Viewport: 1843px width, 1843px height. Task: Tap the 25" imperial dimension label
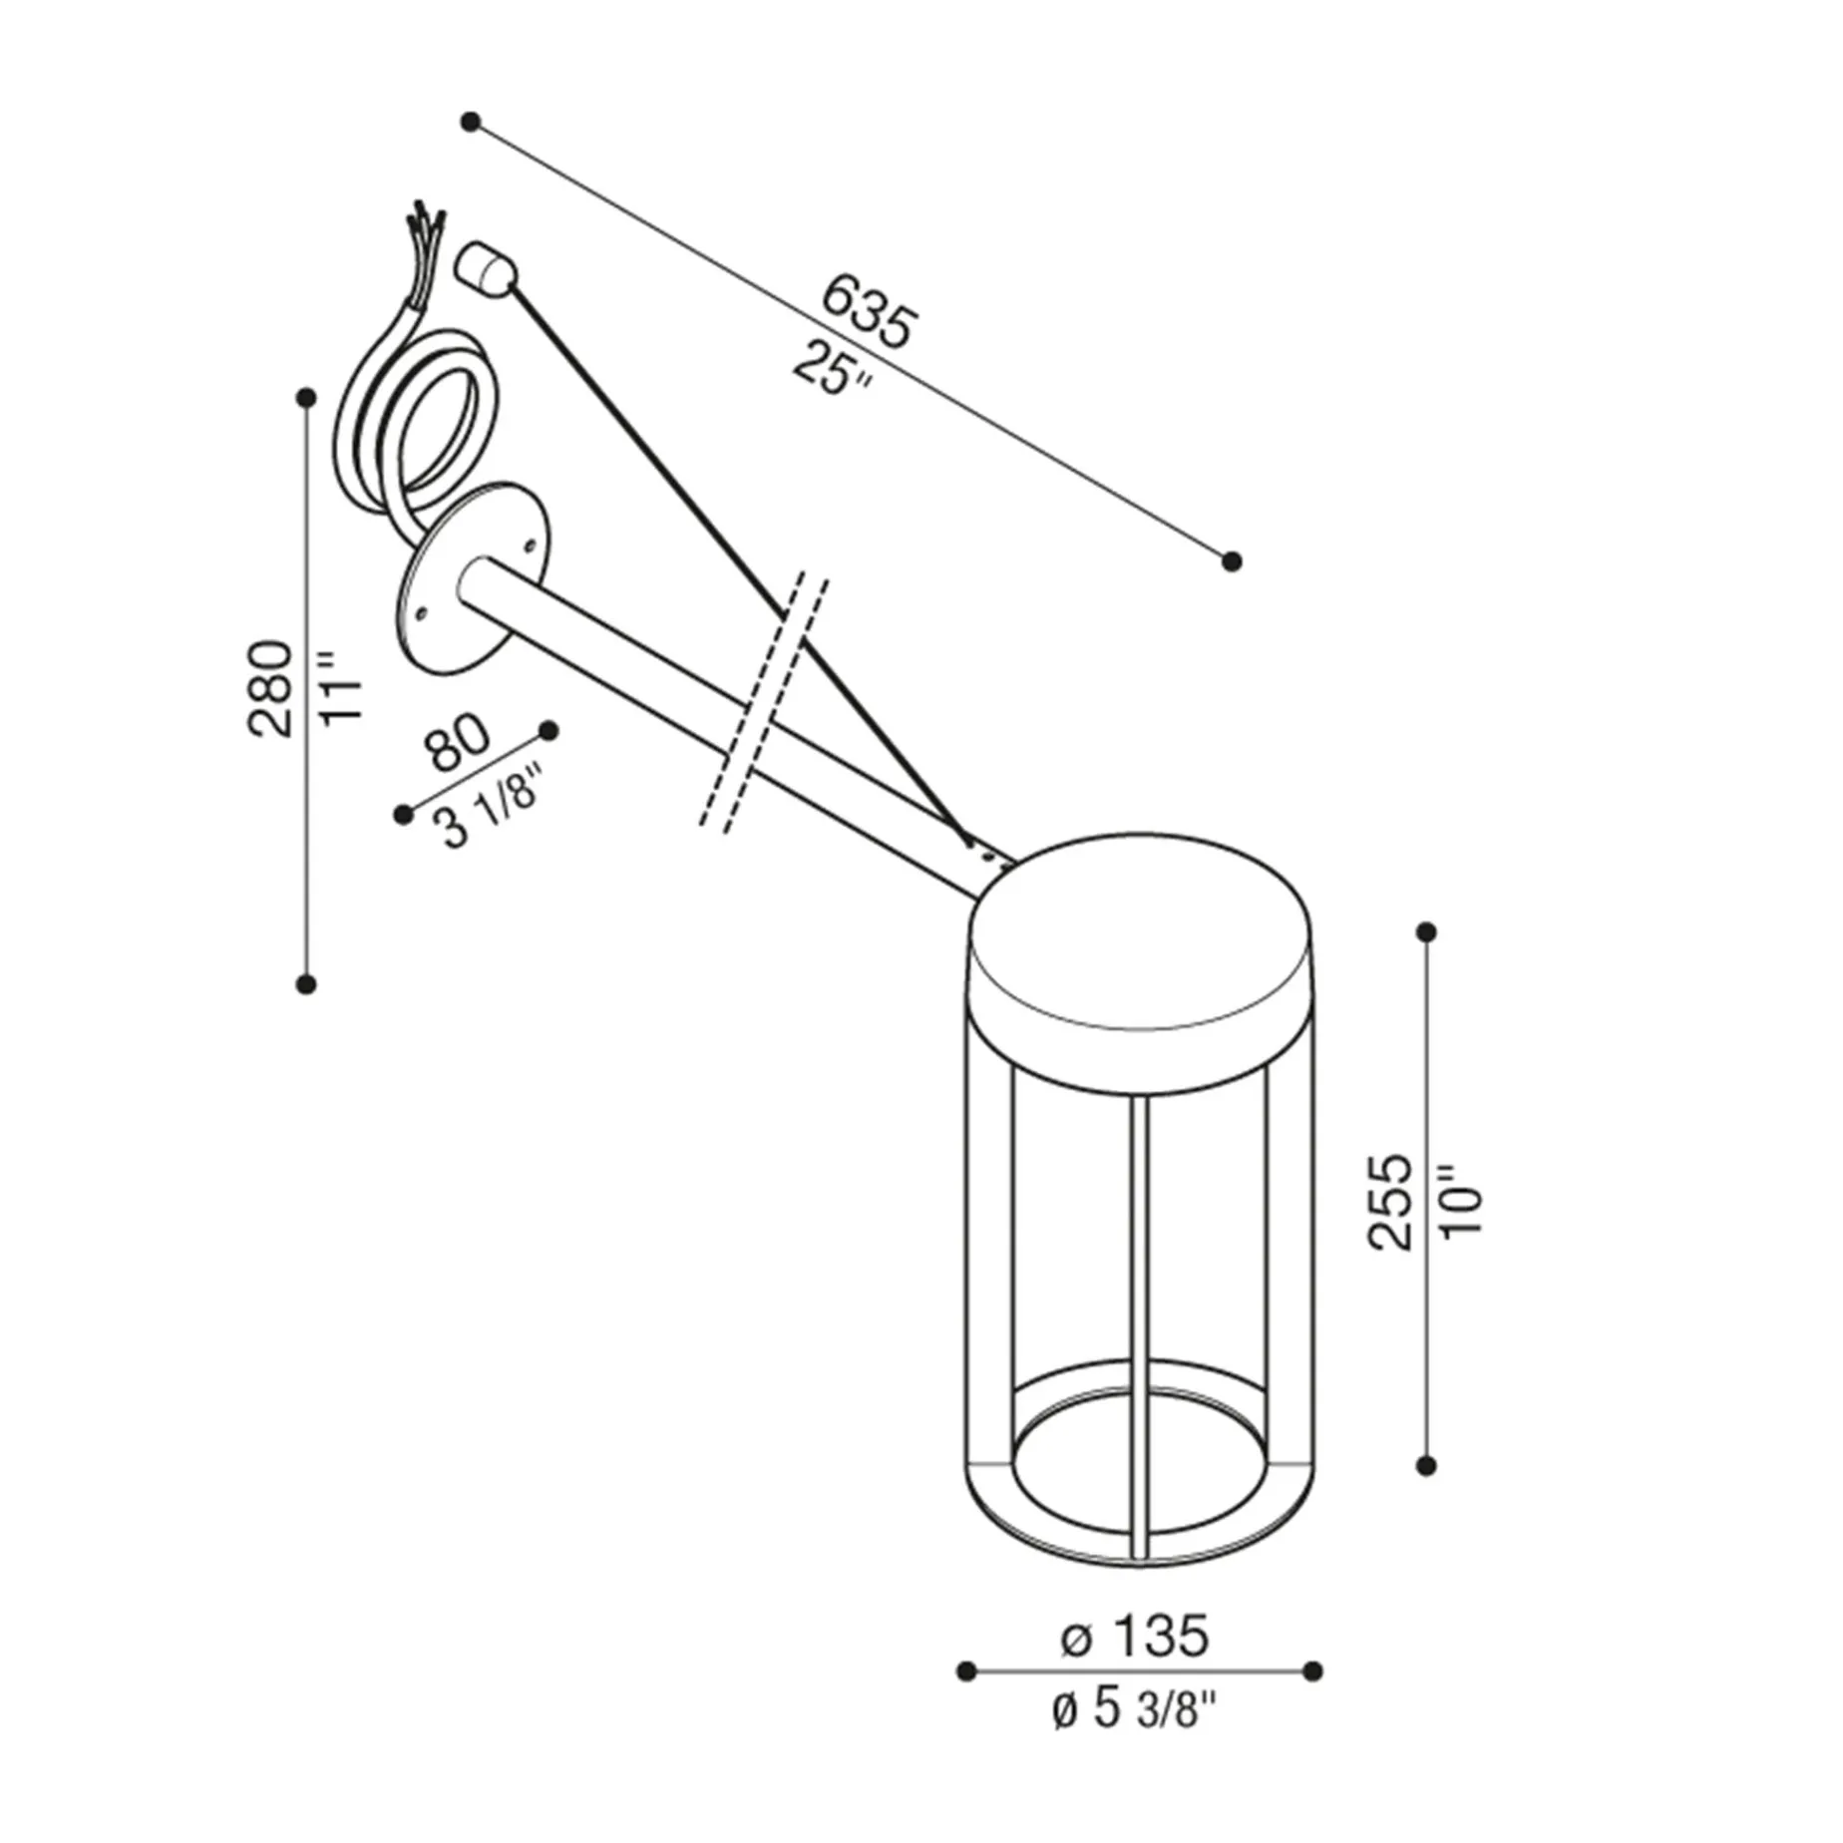[833, 369]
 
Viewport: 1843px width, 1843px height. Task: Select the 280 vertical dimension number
[271, 688]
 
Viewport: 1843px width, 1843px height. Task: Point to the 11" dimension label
[341, 688]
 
